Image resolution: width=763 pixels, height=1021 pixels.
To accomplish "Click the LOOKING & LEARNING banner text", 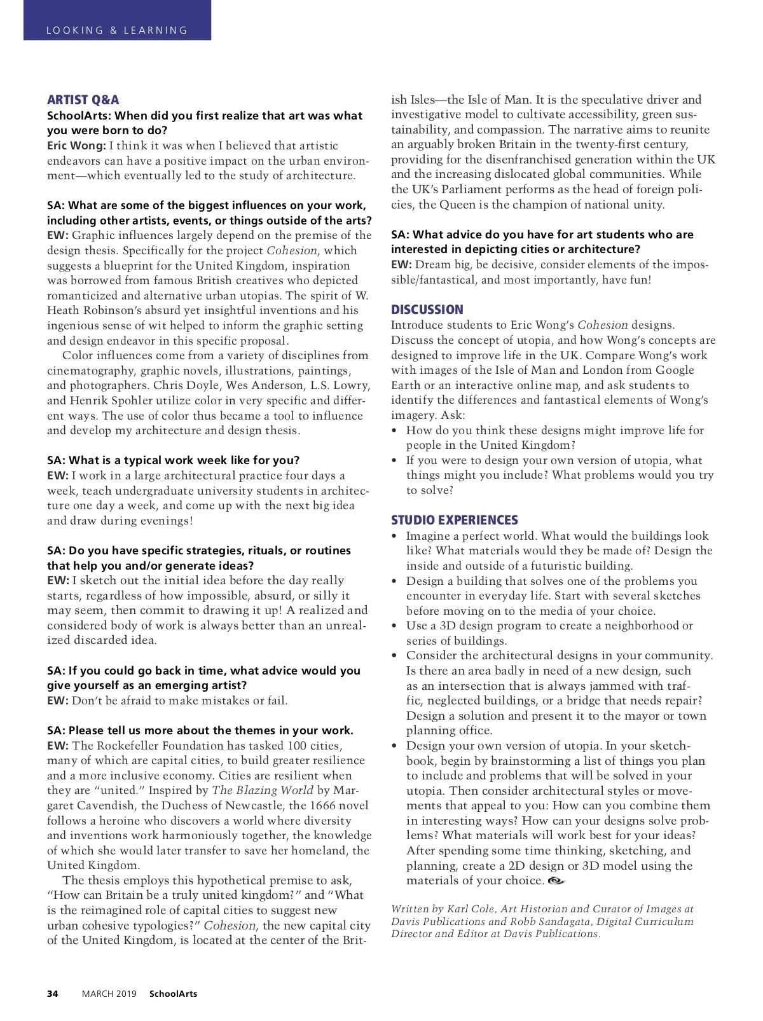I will coord(117,31).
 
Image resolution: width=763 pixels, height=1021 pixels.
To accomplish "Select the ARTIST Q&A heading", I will coord(83,100).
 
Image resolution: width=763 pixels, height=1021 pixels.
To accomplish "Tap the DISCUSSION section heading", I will coord(427,310).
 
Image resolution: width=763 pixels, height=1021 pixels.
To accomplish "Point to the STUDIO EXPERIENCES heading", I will coord(454,520).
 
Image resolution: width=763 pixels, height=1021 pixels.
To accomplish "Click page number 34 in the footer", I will coord(53,994).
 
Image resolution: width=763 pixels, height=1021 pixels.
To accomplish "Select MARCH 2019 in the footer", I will coord(109,994).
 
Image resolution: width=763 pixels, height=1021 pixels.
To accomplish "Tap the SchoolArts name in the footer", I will coord(173,994).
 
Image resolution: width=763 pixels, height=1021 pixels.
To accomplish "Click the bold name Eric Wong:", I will coord(76,146).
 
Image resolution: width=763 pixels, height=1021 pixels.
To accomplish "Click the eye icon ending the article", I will coord(556,881).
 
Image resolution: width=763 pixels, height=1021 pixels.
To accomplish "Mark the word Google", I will coord(676,370).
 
